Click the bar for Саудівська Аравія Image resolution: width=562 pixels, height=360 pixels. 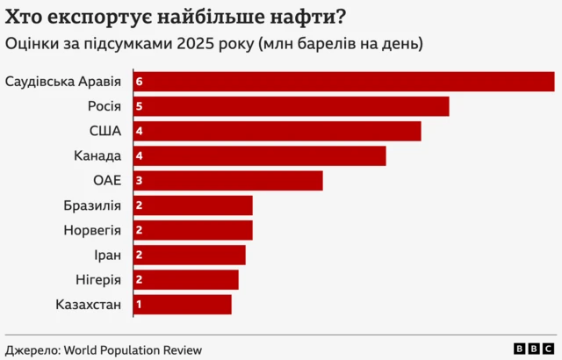coord(343,81)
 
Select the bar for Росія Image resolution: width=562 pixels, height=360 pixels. coord(291,106)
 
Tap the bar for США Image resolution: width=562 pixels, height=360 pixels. coord(277,131)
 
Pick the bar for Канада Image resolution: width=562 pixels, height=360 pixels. coord(259,155)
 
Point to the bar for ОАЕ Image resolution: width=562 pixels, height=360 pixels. coord(227,180)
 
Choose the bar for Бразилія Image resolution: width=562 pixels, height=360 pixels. coord(192,205)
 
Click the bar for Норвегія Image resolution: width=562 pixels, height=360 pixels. coord(192,230)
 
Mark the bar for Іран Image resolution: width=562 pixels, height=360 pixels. coord(189,255)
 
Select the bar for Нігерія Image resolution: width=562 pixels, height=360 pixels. coord(185,279)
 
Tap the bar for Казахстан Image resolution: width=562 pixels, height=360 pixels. coord(182,304)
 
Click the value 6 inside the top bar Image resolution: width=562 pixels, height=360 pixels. coord(139,81)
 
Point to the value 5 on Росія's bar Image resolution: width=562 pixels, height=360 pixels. coord(139,106)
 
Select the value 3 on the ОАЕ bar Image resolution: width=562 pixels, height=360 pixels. coord(139,180)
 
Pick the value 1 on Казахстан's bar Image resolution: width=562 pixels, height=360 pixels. coord(139,304)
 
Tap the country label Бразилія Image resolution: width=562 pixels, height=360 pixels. coord(92,205)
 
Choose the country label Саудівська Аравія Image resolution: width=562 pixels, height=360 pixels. coord(63,81)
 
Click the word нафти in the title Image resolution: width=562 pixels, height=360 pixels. coord(303,16)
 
